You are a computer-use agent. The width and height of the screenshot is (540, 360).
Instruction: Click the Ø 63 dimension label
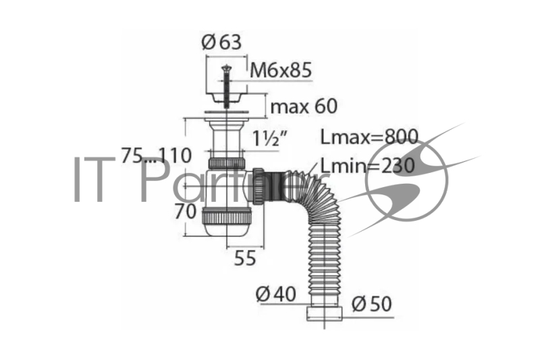[x=221, y=43]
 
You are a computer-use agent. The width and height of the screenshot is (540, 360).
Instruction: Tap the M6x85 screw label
[x=281, y=70]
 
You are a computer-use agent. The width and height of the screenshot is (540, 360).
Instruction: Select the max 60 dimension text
[x=304, y=106]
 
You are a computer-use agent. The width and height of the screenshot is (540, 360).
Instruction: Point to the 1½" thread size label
[x=269, y=138]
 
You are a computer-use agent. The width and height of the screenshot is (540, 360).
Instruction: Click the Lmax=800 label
[x=369, y=136]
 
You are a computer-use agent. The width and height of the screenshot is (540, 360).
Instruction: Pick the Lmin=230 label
[x=368, y=165]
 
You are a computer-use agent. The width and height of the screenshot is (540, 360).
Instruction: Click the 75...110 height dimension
[x=157, y=155]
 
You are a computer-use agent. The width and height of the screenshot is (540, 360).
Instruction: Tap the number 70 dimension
[x=185, y=211]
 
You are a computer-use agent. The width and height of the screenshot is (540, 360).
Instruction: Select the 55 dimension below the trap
[x=245, y=258]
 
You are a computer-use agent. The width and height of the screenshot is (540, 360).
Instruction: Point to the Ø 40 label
[x=276, y=294]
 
